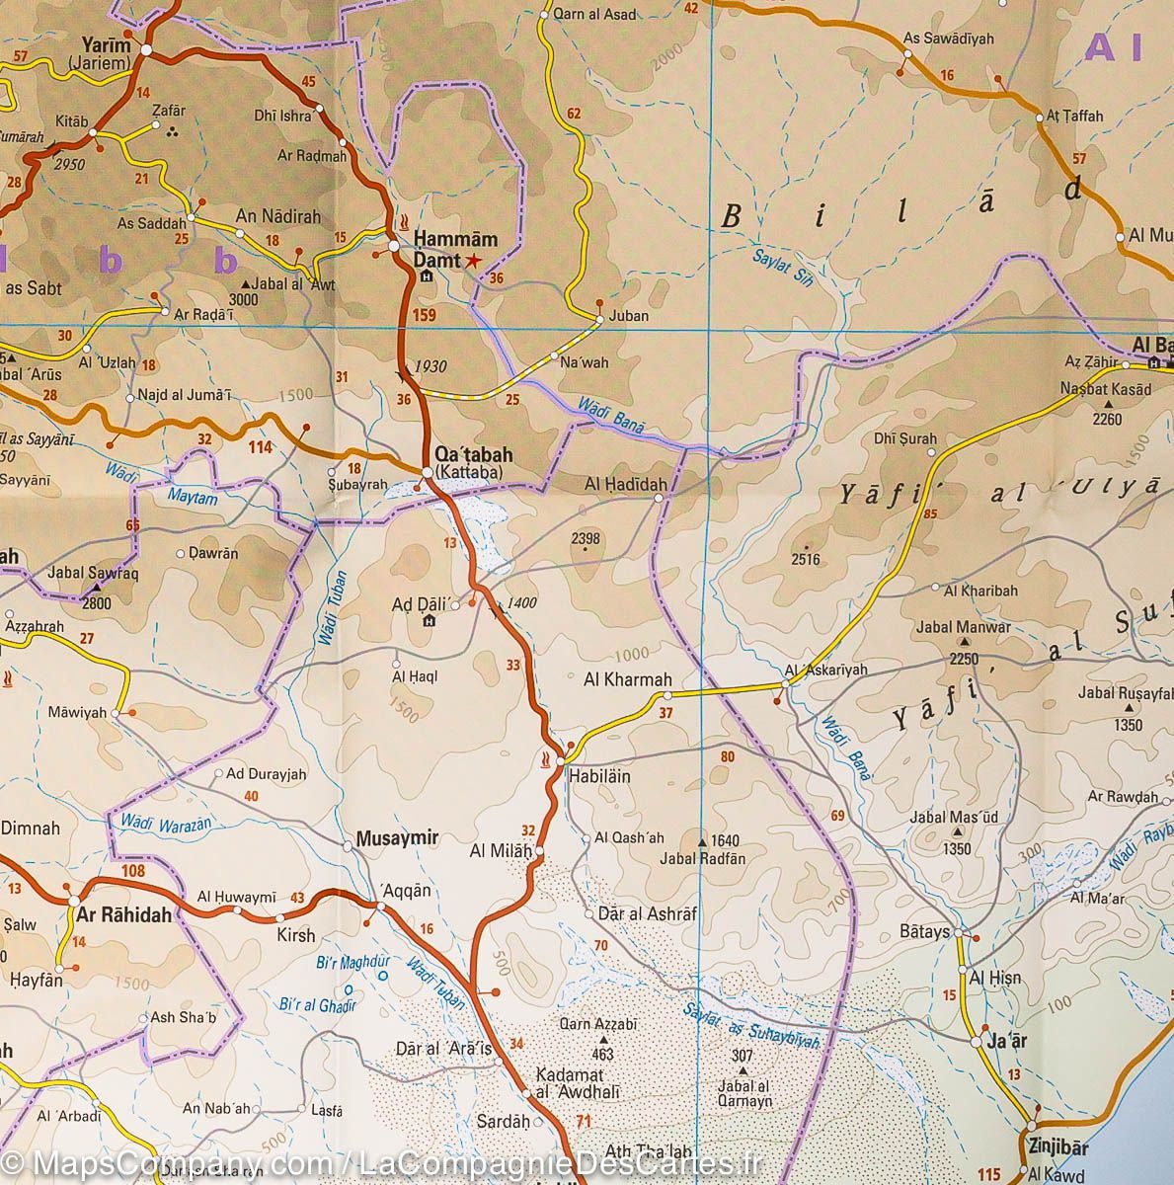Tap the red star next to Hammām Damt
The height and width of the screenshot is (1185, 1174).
474,261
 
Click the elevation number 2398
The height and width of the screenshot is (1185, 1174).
586,538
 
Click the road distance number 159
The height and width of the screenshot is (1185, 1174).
426,316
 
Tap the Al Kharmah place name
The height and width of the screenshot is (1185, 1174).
628,679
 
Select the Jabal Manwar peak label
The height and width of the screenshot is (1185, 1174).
963,627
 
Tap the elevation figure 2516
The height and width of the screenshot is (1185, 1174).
806,560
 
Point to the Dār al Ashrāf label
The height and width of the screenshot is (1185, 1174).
647,914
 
